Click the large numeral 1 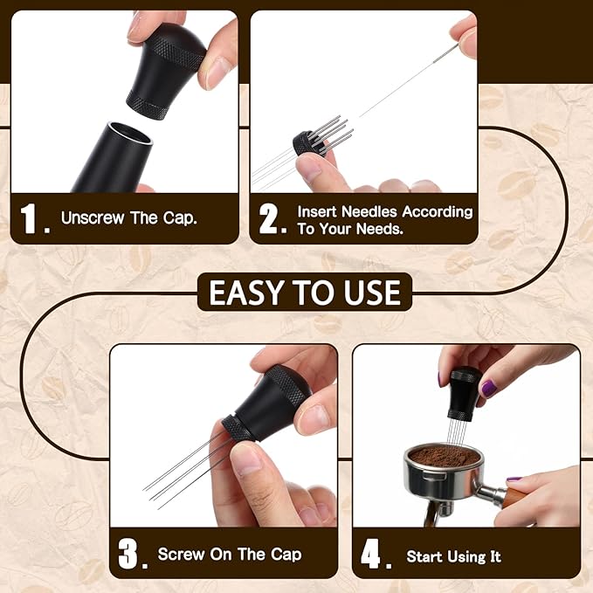29,218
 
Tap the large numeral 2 268,218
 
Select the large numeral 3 128,554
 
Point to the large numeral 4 370,554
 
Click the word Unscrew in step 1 93,217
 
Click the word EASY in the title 246,292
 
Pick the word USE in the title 372,292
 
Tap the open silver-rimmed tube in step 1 114,156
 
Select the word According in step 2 438,211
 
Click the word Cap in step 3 286,555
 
